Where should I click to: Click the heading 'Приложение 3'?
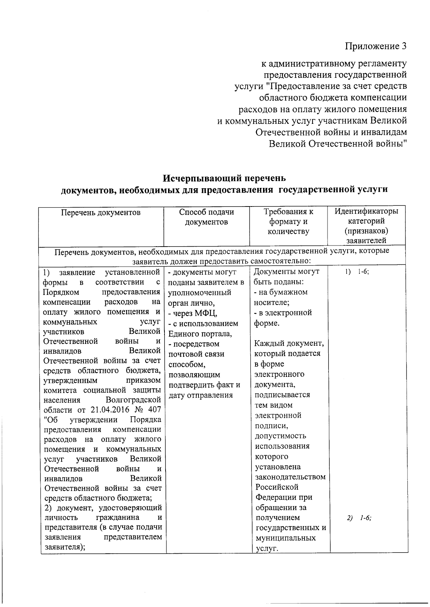click(x=376, y=47)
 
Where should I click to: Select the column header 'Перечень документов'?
click(x=101, y=213)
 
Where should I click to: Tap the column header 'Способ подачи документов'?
click(x=206, y=217)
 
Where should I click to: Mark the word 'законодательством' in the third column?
click(x=290, y=477)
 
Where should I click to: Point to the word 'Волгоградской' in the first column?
click(x=134, y=400)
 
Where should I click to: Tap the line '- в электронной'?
click(x=283, y=313)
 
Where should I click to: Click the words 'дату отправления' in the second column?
click(x=201, y=395)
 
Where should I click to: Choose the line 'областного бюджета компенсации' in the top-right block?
click(x=333, y=97)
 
